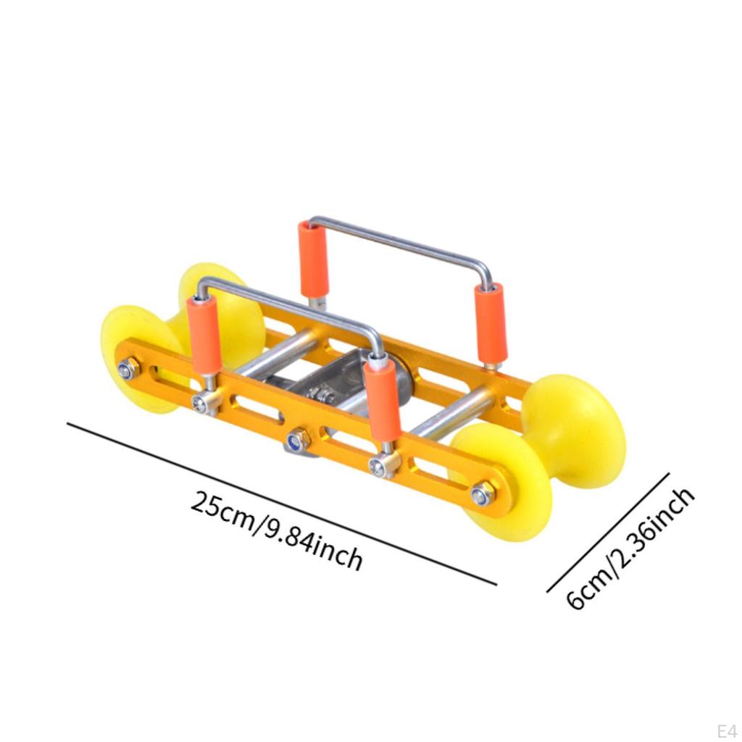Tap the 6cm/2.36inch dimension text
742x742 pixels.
point(630,549)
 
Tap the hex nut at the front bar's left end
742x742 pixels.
point(129,370)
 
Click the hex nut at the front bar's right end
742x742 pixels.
point(482,495)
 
